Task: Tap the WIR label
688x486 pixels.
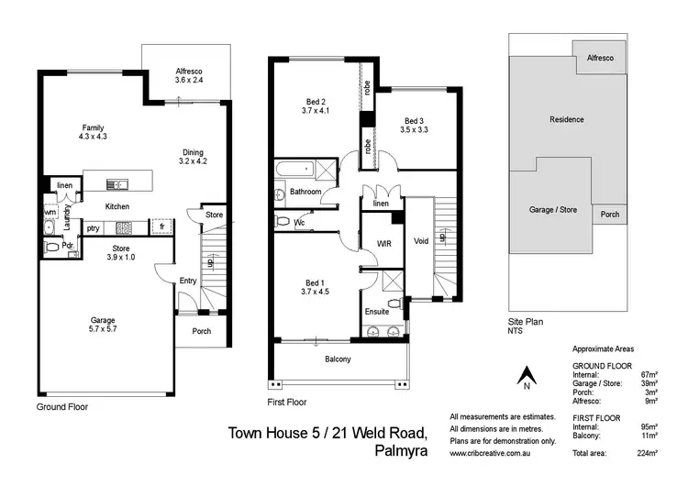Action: coord(384,244)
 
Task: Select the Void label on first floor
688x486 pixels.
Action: coord(421,242)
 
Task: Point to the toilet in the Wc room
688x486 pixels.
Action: coord(283,223)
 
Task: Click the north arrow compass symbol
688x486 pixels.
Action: coord(527,375)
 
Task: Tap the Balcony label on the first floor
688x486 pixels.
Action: coord(338,359)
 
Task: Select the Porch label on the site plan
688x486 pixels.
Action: coord(609,215)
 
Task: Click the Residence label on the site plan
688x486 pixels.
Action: coord(566,119)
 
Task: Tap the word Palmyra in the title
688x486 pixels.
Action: coord(401,450)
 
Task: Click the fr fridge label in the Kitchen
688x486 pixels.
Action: coord(161,226)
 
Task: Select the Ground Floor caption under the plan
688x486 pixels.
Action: coord(62,405)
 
